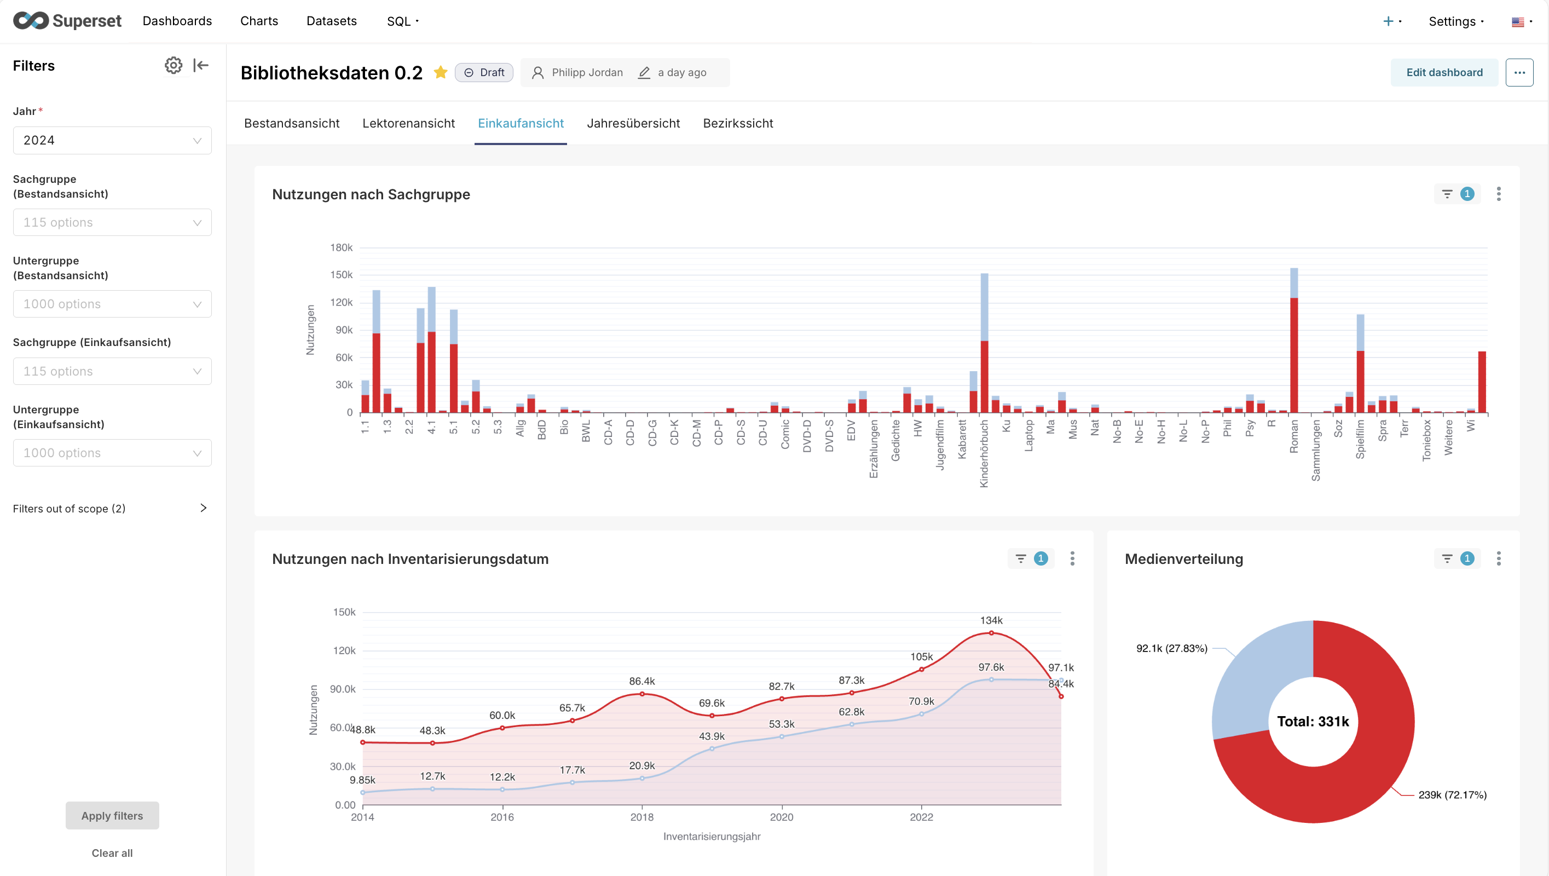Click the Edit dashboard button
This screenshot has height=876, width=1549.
coord(1444,72)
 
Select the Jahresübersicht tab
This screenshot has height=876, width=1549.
coord(633,123)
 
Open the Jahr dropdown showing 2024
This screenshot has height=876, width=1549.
coord(112,140)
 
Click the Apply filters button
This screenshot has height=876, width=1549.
coord(112,815)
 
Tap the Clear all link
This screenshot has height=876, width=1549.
coord(112,852)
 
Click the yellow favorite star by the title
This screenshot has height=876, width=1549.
coord(440,72)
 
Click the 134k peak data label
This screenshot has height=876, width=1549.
coord(991,620)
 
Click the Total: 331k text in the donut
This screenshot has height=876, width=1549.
coord(1313,722)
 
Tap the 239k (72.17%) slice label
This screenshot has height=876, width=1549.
coord(1452,795)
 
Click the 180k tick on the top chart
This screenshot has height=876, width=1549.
coord(341,247)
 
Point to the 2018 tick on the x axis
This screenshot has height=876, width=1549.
coord(641,817)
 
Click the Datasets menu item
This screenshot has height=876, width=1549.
coord(331,21)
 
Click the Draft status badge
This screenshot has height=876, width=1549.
coord(484,72)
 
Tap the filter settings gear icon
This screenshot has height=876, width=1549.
coord(173,65)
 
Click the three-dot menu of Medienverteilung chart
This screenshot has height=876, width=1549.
coord(1499,558)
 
